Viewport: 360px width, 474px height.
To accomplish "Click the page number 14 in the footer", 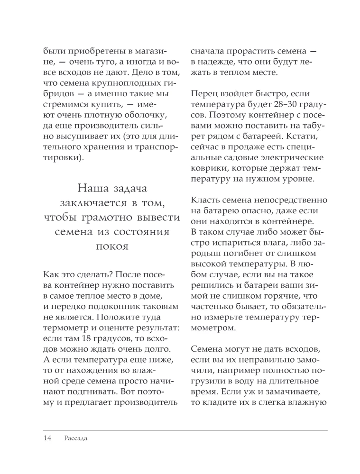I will pyautogui.click(x=47, y=438).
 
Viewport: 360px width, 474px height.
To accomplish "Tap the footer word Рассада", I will pyautogui.click(x=75, y=438).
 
